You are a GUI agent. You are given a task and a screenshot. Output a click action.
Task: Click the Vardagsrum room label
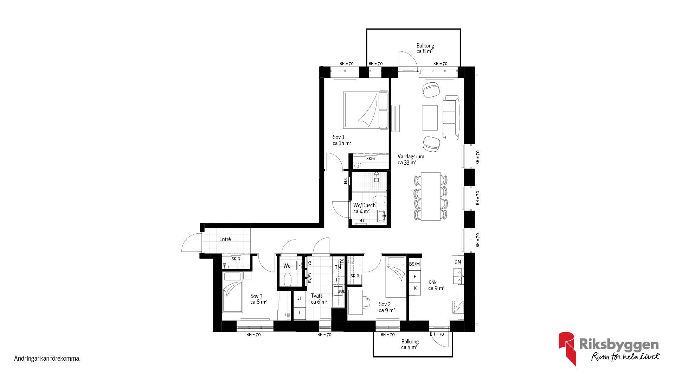pos(411,157)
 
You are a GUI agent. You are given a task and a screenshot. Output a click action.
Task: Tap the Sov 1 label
pos(339,137)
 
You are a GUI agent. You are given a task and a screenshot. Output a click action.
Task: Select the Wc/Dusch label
pos(364,205)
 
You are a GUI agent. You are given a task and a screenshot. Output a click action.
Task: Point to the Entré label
pos(225,239)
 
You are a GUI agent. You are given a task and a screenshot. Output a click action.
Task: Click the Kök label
pos(432,282)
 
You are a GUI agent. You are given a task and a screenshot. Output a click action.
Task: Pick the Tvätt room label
pos(316,296)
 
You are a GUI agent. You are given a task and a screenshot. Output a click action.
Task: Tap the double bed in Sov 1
pos(366,110)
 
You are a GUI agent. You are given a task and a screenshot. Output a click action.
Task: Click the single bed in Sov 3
pos(232,292)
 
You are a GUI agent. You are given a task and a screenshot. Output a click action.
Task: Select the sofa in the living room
pos(451,117)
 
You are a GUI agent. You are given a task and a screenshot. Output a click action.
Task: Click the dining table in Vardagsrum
pos(430,196)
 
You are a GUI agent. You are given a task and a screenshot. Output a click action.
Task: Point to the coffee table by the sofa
pos(430,117)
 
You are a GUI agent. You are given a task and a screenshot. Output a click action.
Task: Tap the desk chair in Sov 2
pos(366,302)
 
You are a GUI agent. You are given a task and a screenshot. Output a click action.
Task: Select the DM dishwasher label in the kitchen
pos(457,262)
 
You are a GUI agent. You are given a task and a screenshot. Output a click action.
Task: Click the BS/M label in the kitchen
pos(414,264)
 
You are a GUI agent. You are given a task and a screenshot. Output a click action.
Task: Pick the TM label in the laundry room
pos(338,267)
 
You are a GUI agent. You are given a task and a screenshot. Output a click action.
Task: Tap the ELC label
pos(345,180)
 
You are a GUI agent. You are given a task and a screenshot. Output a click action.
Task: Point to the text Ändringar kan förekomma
pos(47,359)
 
